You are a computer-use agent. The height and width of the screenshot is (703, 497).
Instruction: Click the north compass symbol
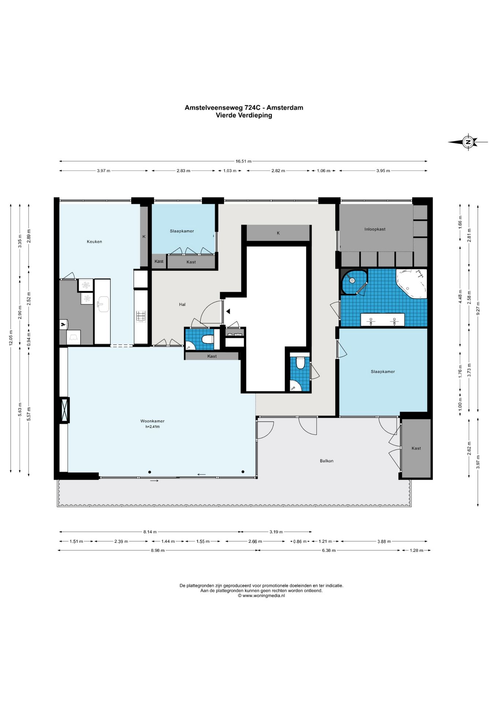coord(468,142)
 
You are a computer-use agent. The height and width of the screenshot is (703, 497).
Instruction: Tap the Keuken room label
coord(94,242)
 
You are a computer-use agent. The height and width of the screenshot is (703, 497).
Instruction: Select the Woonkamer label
coord(152,421)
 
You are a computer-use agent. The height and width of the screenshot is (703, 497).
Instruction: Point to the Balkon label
coord(326,461)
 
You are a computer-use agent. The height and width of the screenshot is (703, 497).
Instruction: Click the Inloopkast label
coord(375,229)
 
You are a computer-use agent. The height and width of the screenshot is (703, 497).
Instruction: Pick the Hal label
coord(182,304)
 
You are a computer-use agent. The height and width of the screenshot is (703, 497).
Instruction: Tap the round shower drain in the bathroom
coord(352,281)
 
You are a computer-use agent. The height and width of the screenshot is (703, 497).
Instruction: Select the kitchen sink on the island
coord(103,304)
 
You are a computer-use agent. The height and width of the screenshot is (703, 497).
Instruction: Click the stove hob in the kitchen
coord(141,316)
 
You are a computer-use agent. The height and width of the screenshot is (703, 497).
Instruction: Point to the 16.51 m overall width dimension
coord(243,161)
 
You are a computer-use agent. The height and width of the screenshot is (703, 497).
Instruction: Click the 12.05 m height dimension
coord(11,338)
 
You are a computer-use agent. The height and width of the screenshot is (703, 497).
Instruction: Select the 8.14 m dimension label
coord(150,532)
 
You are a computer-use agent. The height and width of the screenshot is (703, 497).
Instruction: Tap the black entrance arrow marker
coord(228,312)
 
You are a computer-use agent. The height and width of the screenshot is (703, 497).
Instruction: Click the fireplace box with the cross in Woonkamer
coord(64,410)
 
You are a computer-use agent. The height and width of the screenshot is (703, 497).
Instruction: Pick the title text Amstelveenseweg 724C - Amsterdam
coord(244,108)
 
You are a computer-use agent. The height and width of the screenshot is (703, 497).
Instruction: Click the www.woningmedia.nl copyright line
coord(261,596)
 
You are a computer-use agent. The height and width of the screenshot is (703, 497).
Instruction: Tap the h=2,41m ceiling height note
coord(153,427)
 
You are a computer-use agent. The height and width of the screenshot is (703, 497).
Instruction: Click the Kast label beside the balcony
coord(416,448)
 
